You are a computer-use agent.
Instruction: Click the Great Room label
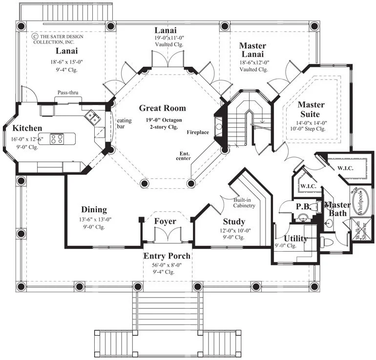[x=162, y=108]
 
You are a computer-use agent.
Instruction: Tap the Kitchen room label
[x=27, y=128]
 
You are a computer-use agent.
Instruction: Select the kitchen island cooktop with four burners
[x=57, y=139]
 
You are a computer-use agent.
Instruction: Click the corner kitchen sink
[x=92, y=117]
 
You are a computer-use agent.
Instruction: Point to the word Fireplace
[x=198, y=132]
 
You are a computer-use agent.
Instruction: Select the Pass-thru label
[x=68, y=93]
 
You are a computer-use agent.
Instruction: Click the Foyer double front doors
[x=167, y=234]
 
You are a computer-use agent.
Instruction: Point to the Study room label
[x=234, y=221]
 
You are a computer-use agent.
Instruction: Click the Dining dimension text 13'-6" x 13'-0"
[x=95, y=220]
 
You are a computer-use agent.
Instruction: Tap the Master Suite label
[x=311, y=109]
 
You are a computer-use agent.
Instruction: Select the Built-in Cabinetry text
[x=244, y=203]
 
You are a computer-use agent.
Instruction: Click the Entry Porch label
[x=167, y=256]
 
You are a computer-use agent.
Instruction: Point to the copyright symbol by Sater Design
[x=35, y=37]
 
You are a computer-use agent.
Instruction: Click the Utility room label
[x=295, y=239]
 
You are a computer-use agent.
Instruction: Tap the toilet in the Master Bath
[x=327, y=241]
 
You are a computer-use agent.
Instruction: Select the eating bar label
[x=124, y=123]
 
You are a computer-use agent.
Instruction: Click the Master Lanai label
[x=252, y=50]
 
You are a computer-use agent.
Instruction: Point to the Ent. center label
[x=184, y=156]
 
